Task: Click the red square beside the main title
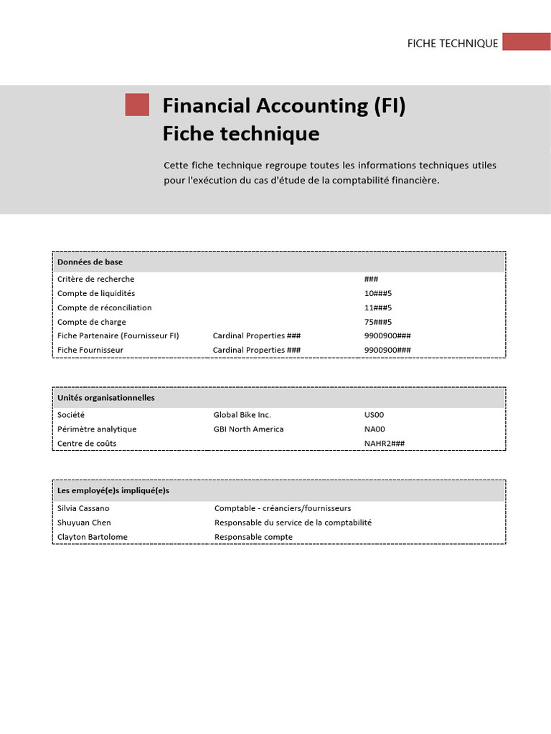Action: pyautogui.click(x=137, y=105)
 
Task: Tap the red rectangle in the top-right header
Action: pyautogui.click(x=526, y=42)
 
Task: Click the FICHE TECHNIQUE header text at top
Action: pyautogui.click(x=452, y=43)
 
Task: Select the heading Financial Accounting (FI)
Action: pyautogui.click(x=284, y=106)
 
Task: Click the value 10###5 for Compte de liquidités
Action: pyautogui.click(x=378, y=293)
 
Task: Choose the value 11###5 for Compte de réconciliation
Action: pyautogui.click(x=378, y=308)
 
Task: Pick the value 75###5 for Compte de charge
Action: pyautogui.click(x=378, y=322)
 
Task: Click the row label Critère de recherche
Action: pyautogui.click(x=95, y=279)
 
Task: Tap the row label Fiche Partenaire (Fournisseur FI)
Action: pyautogui.click(x=118, y=335)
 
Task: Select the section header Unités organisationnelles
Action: pyautogui.click(x=105, y=398)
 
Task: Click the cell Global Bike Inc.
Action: pyautogui.click(x=242, y=414)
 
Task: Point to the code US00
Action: pyautogui.click(x=375, y=414)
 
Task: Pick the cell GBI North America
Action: pyautogui.click(x=248, y=429)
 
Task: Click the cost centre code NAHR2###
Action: pyautogui.click(x=385, y=443)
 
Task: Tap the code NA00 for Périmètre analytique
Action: pyautogui.click(x=375, y=429)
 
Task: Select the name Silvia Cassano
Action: pyautogui.click(x=84, y=508)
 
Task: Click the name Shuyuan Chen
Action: pyautogui.click(x=84, y=523)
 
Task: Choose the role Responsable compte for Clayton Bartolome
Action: pyautogui.click(x=253, y=537)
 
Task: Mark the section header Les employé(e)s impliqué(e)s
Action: pyautogui.click(x=113, y=491)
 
